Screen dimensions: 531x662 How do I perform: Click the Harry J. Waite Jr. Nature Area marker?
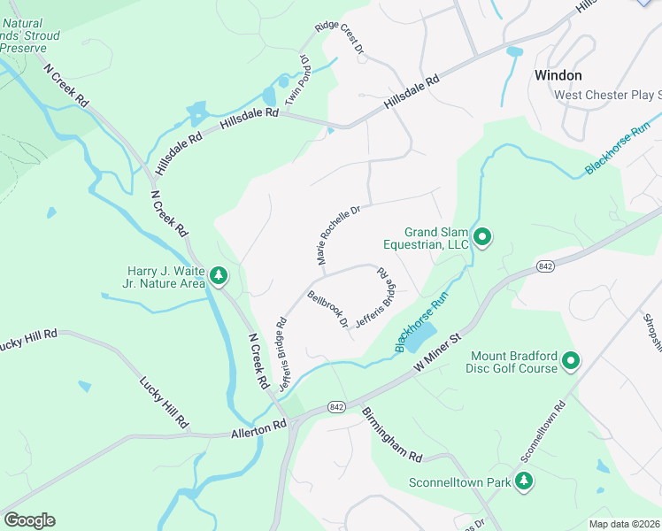(219, 276)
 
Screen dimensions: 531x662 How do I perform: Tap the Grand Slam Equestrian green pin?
(482, 236)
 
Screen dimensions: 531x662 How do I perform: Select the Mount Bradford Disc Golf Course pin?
(571, 361)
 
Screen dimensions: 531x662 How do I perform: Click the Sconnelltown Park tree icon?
(525, 481)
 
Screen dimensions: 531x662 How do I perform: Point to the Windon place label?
(558, 75)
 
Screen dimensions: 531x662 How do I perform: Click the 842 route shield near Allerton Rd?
(335, 406)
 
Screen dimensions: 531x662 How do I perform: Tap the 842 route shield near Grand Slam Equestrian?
(545, 265)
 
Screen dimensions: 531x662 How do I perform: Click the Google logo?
(29, 520)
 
